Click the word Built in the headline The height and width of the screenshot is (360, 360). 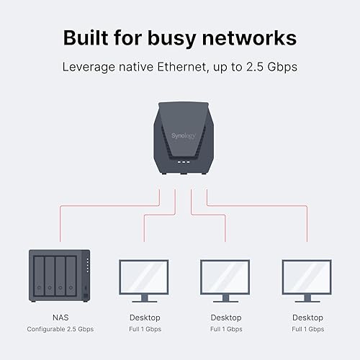click(85, 37)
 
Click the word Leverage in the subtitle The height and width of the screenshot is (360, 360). click(91, 66)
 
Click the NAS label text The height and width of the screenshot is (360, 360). click(60, 317)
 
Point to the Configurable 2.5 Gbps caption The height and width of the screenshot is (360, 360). click(60, 329)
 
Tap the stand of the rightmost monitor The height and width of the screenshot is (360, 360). click(306, 297)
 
